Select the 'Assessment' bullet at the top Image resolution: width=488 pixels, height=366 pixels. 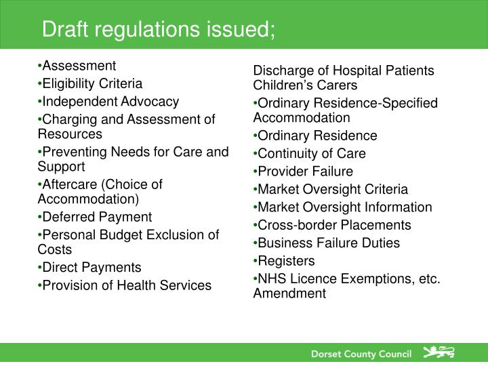79,66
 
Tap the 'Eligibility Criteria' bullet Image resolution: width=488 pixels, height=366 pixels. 92,83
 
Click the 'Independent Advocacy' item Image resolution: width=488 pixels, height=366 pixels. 110,102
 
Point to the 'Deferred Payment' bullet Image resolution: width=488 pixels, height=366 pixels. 97,217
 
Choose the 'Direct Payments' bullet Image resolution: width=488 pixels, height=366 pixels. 91,267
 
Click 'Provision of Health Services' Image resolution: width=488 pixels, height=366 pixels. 127,285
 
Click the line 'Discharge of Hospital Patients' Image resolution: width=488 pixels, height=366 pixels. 344,71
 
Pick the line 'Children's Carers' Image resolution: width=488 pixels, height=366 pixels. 305,85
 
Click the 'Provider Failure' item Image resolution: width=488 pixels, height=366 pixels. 305,171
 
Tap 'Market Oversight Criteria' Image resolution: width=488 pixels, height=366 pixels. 333,189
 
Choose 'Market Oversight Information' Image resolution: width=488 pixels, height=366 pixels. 344,207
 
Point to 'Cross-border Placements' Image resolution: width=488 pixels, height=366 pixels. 334,225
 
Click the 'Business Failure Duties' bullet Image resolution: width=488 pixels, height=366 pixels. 329,243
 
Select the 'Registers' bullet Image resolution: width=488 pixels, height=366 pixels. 286,261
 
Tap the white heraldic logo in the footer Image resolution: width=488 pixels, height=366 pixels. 439,352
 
